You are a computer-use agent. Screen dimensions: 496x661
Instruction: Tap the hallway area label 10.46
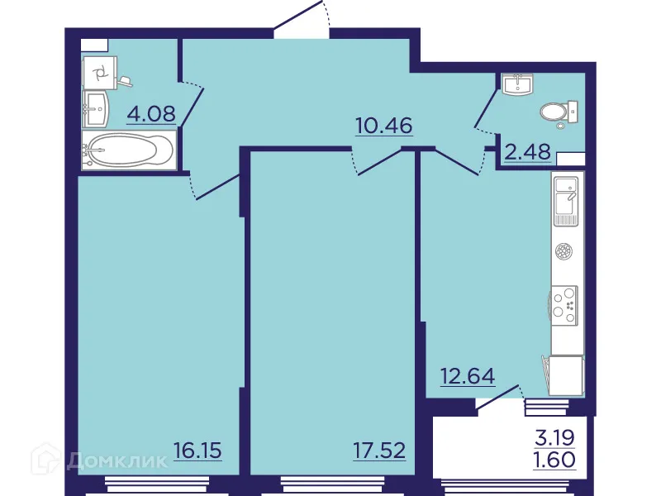coord(383,126)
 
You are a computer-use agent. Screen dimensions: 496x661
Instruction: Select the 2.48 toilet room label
coord(525,154)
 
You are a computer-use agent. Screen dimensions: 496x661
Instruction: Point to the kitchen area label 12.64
coord(467,377)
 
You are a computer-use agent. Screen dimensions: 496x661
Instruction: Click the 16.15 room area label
coord(198,451)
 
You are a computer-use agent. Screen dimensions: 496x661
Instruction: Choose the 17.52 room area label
coord(379,451)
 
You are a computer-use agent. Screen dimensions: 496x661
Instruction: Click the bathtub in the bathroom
coord(128,152)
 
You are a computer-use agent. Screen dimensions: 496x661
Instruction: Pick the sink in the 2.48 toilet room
coord(519,84)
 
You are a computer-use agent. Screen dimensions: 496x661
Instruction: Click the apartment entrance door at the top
coord(302,21)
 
